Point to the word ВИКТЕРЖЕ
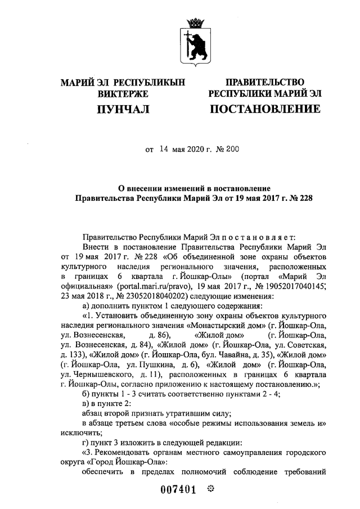[x=122, y=93]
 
